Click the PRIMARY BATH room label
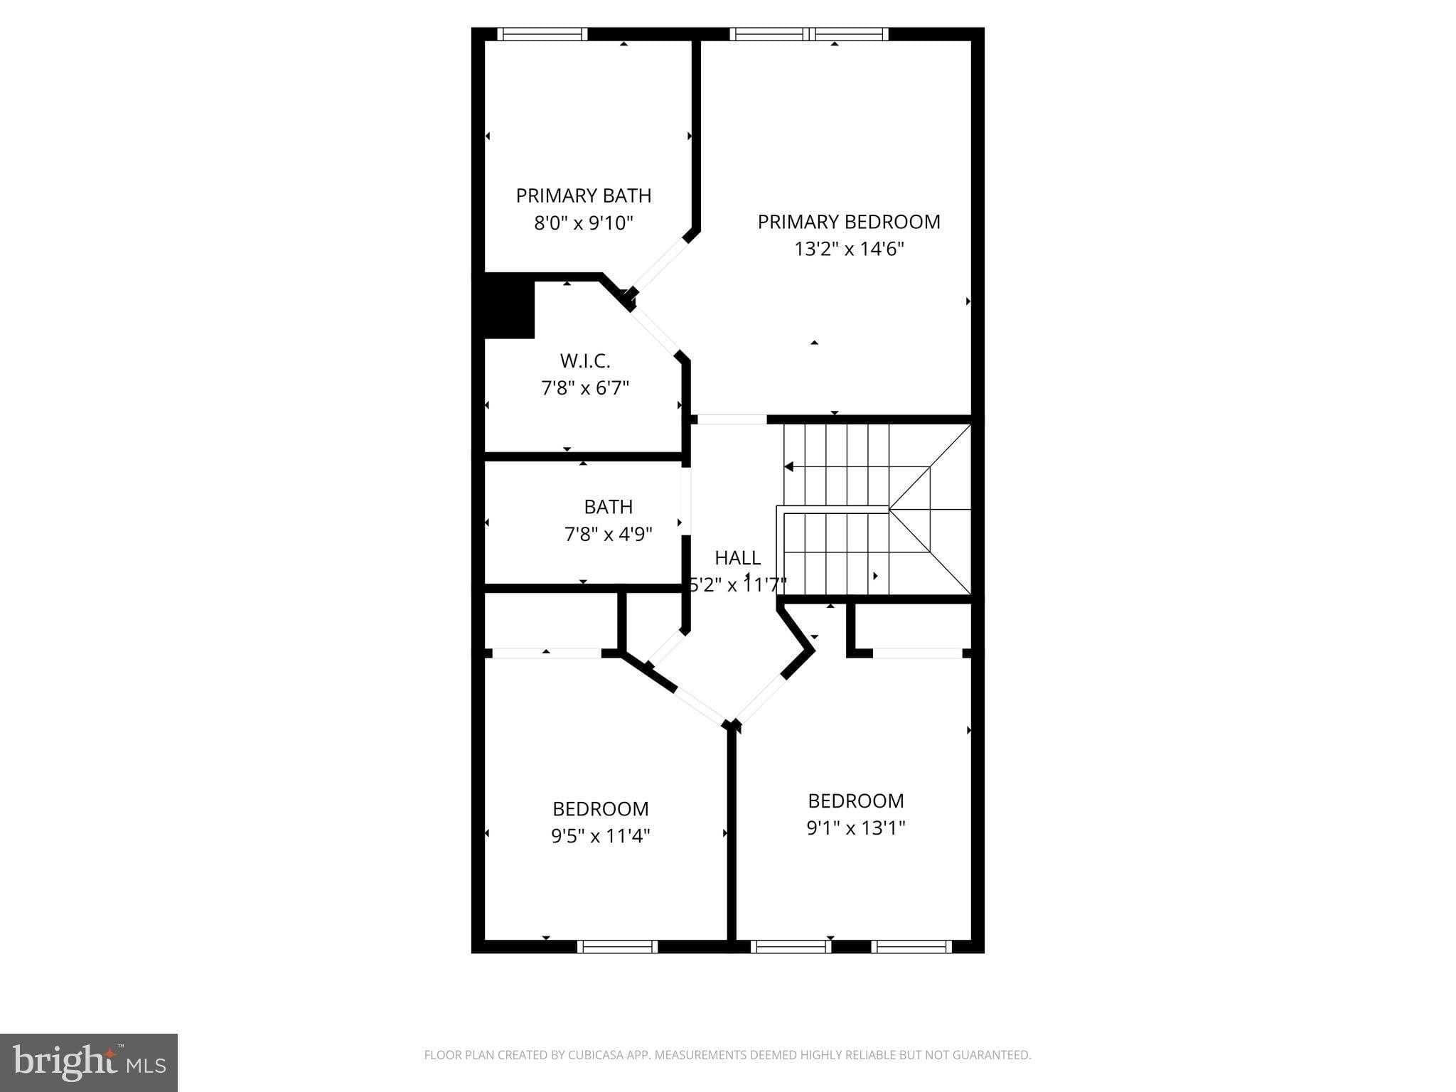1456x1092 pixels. click(x=583, y=196)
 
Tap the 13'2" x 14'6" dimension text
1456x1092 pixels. click(x=849, y=250)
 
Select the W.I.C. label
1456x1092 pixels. click(x=585, y=361)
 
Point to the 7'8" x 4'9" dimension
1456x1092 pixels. click(x=608, y=534)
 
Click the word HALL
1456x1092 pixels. click(x=737, y=557)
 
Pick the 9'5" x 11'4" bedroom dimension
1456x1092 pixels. click(x=601, y=836)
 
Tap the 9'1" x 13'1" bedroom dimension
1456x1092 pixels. click(x=856, y=828)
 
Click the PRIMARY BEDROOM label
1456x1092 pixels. click(x=849, y=222)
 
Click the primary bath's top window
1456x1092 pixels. click(x=542, y=33)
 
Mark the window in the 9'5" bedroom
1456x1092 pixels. click(x=617, y=946)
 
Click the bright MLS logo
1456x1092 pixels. click(x=89, y=1063)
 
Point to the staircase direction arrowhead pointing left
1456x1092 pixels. click(x=788, y=467)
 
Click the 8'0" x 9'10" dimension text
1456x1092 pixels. click(x=583, y=223)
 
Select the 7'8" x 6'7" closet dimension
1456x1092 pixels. click(x=585, y=388)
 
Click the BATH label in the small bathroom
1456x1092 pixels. click(x=608, y=507)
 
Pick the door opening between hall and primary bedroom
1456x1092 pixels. click(x=732, y=419)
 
